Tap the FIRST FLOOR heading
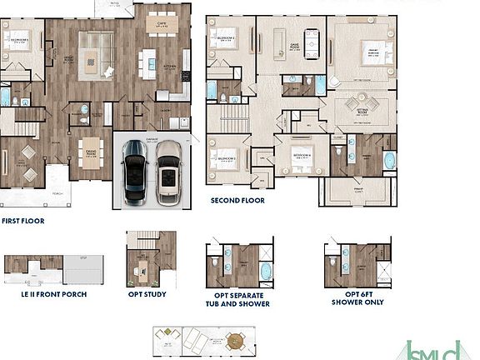(x=22, y=222)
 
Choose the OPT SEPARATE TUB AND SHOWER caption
(x=237, y=299)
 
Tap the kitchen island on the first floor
(x=149, y=60)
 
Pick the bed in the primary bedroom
(x=373, y=51)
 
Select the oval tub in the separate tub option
(x=263, y=271)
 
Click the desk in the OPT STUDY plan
(x=142, y=268)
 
